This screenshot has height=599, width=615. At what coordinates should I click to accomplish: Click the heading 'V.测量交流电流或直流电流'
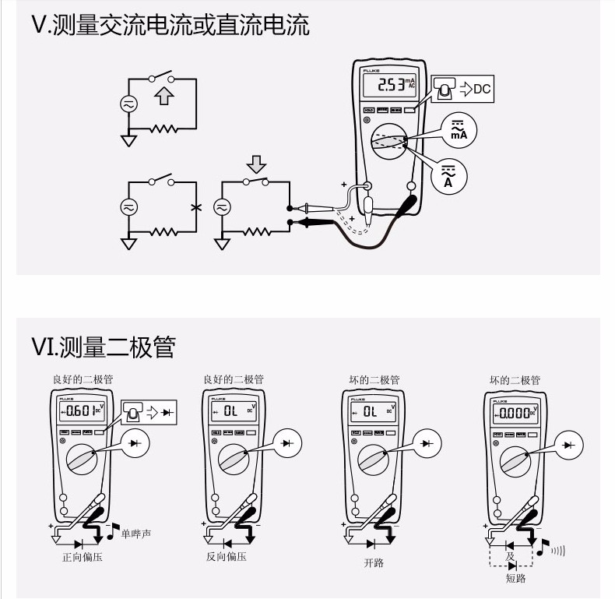pyautogui.click(x=170, y=26)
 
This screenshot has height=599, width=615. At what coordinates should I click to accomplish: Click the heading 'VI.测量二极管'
pyautogui.click(x=103, y=346)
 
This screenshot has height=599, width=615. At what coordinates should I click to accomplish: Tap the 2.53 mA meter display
pyautogui.click(x=391, y=85)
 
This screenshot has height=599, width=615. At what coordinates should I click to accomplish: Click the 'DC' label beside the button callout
pyautogui.click(x=483, y=90)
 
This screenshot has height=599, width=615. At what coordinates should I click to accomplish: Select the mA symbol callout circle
pyautogui.click(x=458, y=129)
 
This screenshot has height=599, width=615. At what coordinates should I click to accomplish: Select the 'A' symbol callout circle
pyautogui.click(x=448, y=173)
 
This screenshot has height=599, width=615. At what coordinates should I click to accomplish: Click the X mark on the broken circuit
pyautogui.click(x=195, y=207)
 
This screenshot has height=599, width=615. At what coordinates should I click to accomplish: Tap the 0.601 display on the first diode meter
pyautogui.click(x=81, y=410)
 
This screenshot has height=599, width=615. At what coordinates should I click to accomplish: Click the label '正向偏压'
pyautogui.click(x=82, y=558)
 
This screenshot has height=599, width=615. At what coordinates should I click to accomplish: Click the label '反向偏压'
pyautogui.click(x=227, y=558)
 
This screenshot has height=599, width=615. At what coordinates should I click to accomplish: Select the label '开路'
pyautogui.click(x=373, y=562)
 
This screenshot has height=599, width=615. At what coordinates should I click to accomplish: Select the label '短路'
pyautogui.click(x=515, y=579)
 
